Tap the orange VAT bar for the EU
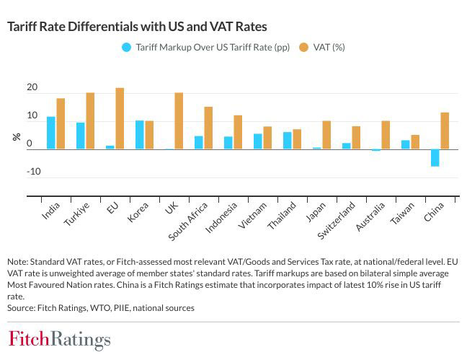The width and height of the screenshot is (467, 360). (120, 118)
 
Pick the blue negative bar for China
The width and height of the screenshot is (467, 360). (435, 157)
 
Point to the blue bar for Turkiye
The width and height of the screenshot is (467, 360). (81, 136)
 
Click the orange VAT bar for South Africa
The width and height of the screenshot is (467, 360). (208, 128)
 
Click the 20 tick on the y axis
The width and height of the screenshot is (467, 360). (32, 88)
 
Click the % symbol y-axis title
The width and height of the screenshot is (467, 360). (15, 136)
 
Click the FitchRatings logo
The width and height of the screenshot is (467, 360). (59, 339)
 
